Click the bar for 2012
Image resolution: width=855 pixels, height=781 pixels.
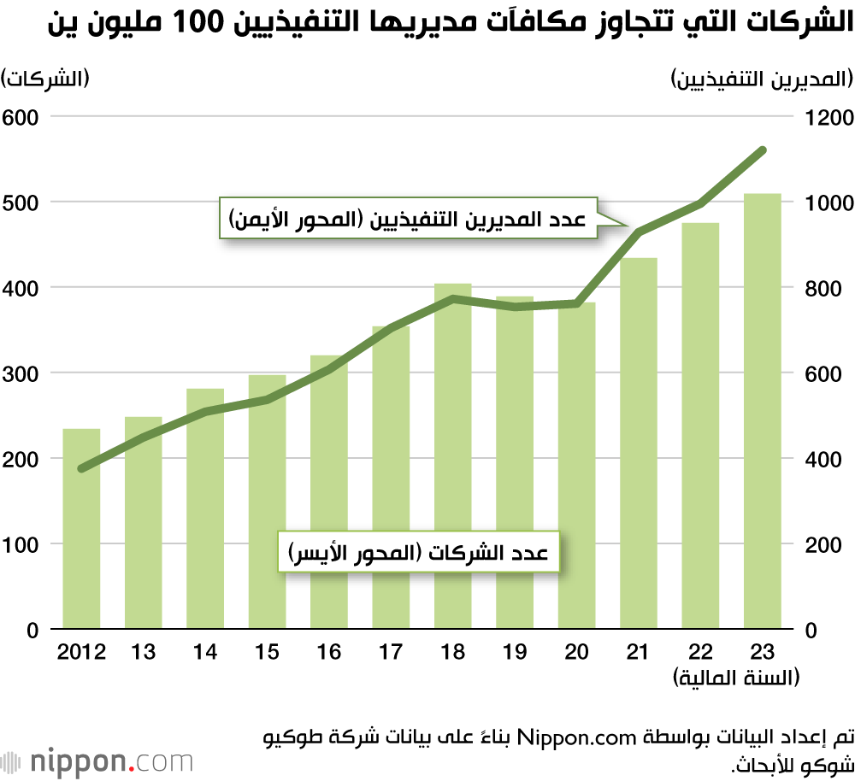pyautogui.click(x=81, y=529)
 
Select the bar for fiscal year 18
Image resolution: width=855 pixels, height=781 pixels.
pyautogui.click(x=453, y=456)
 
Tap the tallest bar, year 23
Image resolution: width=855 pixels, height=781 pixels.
pyautogui.click(x=763, y=411)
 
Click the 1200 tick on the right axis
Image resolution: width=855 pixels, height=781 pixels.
pyautogui.click(x=826, y=117)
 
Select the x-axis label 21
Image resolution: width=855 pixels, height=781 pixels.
pyautogui.click(x=639, y=653)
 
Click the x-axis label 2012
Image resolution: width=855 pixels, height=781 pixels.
pyautogui.click(x=81, y=653)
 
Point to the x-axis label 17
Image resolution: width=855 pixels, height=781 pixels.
pyautogui.click(x=391, y=653)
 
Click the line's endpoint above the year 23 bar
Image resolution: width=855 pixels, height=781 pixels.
pyautogui.click(x=763, y=150)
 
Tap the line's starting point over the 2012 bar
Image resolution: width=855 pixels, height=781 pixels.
pyautogui.click(x=81, y=468)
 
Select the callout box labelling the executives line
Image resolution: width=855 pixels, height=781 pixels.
pyautogui.click(x=407, y=220)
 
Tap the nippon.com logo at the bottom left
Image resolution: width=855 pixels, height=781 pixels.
pyautogui.click(x=98, y=760)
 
